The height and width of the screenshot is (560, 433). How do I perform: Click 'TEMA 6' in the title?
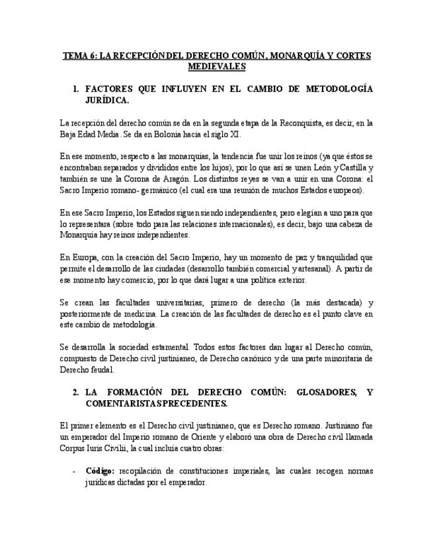point(78,56)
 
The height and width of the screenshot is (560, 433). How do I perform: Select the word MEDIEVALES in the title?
point(216,67)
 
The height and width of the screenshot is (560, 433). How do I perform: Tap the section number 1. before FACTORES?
point(76,88)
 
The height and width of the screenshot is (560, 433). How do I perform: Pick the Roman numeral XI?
point(235,134)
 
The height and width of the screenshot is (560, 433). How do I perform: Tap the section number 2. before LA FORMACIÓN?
point(76,392)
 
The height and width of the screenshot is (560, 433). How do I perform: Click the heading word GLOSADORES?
point(323,392)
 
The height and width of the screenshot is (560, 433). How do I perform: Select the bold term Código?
point(100,471)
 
